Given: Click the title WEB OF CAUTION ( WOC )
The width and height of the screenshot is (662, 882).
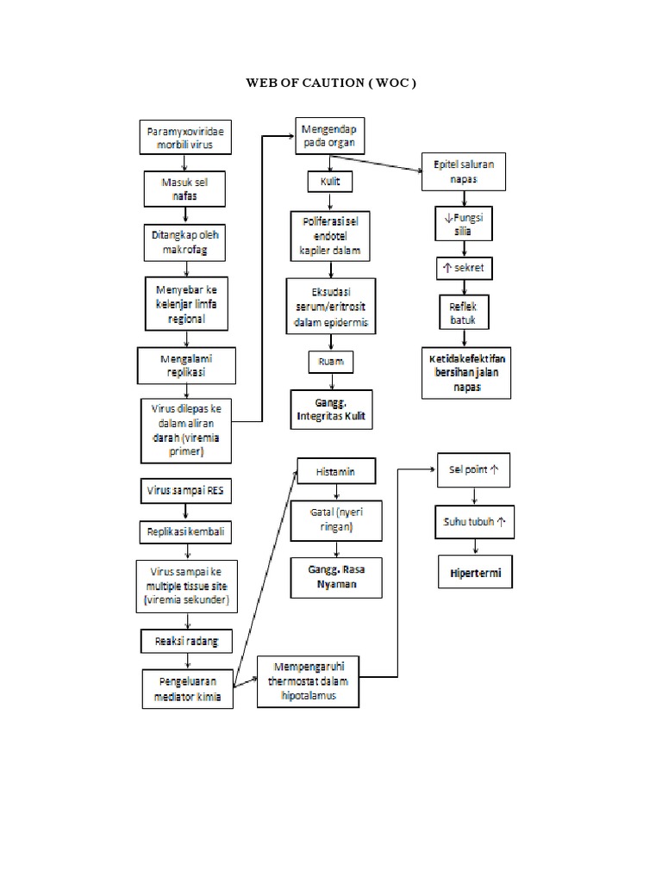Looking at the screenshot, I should [x=332, y=84].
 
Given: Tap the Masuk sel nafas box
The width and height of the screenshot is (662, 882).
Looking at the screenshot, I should [x=185, y=189].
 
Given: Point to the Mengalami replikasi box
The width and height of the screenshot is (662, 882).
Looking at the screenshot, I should [x=185, y=366].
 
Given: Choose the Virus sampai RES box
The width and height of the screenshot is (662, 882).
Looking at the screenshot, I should [x=184, y=491].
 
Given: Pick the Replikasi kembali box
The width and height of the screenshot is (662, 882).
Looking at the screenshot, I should [x=184, y=532].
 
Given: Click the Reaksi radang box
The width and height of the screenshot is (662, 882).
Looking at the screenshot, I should [x=184, y=640].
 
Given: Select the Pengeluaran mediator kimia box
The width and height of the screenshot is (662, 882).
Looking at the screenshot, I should [x=187, y=689].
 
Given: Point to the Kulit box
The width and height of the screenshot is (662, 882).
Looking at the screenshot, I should [x=330, y=183].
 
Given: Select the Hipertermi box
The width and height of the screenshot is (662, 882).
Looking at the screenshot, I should [x=475, y=572].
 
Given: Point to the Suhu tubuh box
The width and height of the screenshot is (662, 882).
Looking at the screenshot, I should [x=475, y=522].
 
